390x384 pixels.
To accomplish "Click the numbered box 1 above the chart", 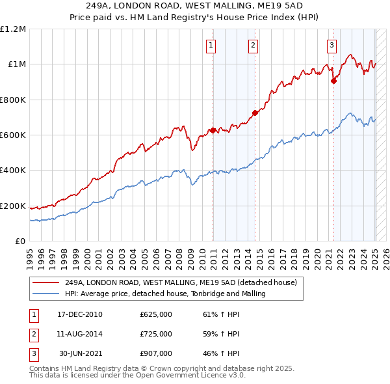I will coord(213,45).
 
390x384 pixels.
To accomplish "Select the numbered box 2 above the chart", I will coord(253,45).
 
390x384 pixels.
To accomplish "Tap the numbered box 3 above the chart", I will coord(331,45).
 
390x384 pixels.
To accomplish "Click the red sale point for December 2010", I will coord(213,130).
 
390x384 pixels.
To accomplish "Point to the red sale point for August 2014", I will coord(255,113).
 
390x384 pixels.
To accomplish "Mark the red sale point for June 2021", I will coord(333,81).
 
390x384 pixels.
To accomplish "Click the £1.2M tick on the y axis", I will coord(13,29).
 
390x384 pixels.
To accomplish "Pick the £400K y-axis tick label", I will coord(13,171).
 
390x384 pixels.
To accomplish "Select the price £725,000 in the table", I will coord(156,334).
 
